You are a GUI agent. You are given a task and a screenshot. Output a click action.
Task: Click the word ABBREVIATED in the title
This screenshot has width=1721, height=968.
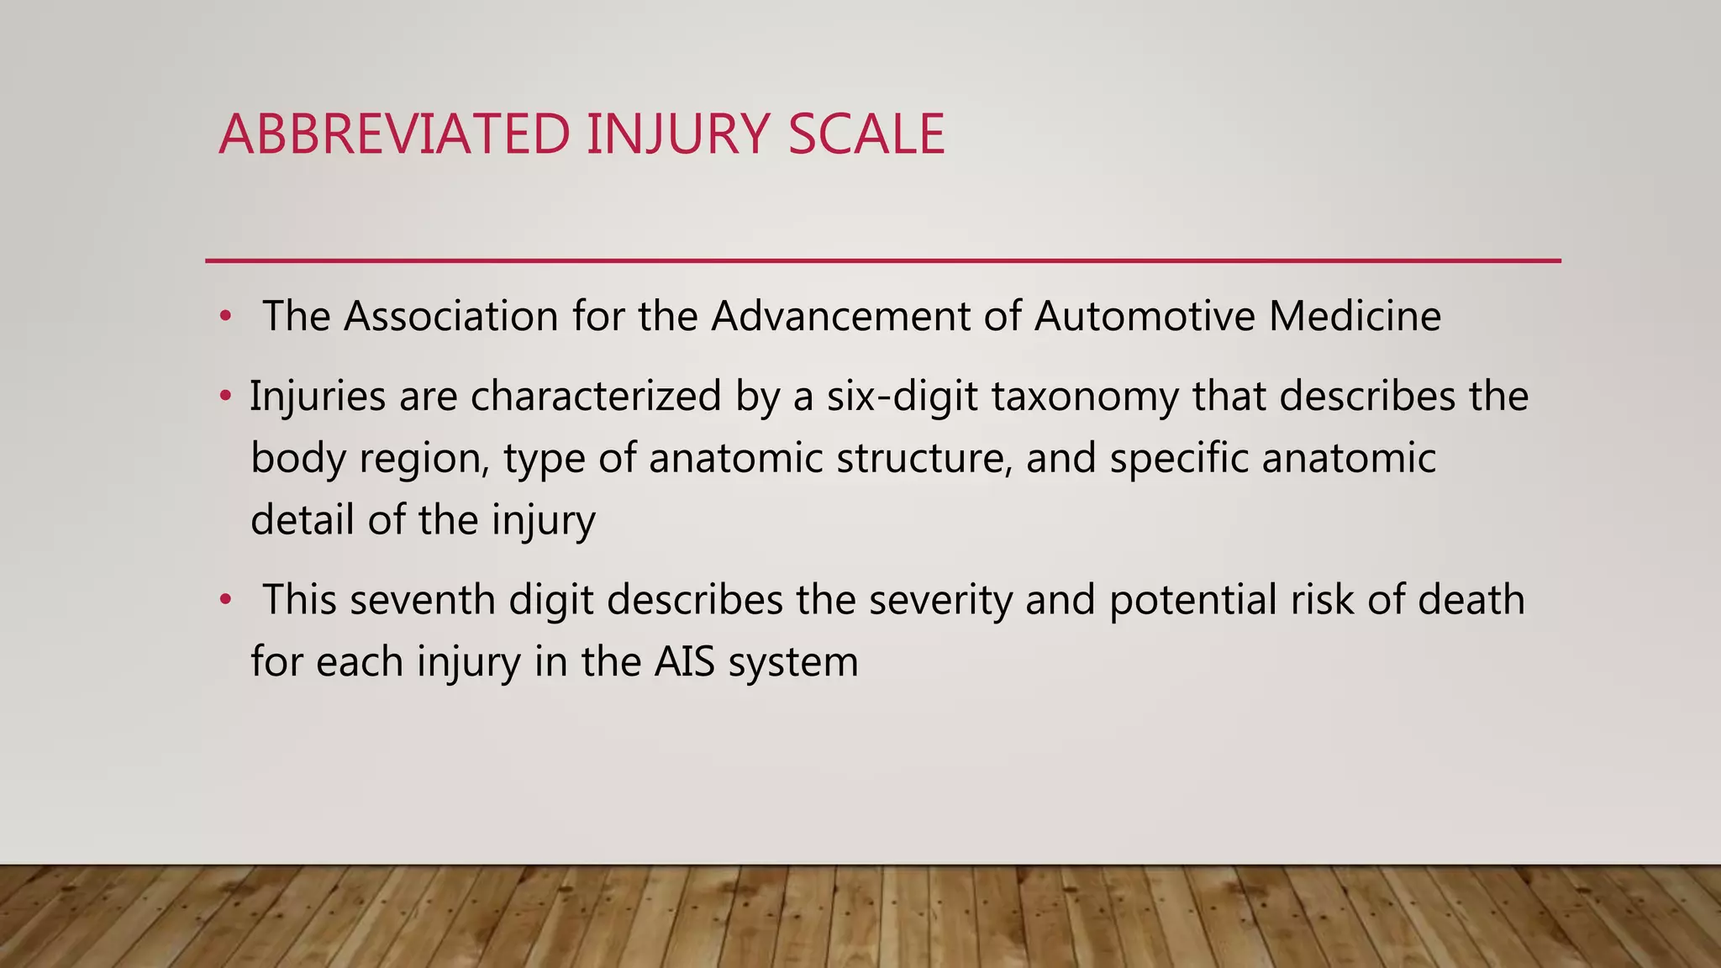tap(394, 134)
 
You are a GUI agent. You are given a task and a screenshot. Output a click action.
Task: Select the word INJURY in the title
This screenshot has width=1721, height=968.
tap(677, 134)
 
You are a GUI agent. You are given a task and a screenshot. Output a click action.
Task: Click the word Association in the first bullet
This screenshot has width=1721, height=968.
tap(450, 317)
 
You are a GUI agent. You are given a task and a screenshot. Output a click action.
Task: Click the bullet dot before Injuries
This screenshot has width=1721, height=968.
tap(224, 396)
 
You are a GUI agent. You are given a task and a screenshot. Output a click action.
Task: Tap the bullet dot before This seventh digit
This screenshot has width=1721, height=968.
tap(224, 600)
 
